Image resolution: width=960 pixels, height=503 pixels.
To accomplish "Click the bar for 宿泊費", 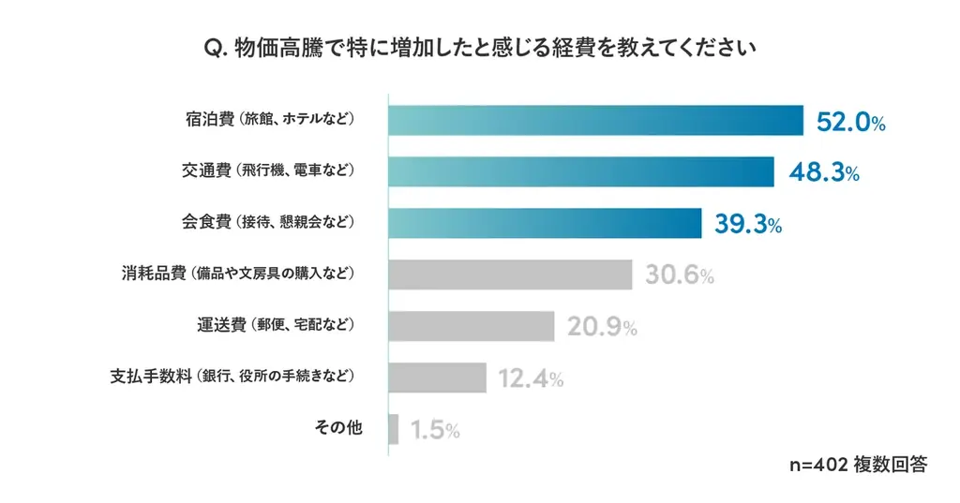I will (595, 121).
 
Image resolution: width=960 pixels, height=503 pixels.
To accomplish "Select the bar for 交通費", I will (580, 172).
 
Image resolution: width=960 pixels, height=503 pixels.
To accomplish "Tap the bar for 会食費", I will (545, 224).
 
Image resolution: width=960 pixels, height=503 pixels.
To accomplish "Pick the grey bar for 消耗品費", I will (510, 274).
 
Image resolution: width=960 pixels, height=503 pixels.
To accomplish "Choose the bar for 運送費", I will (471, 326).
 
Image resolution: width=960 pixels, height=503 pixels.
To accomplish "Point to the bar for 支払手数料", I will (437, 377).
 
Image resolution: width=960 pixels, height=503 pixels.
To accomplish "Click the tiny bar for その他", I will (393, 429).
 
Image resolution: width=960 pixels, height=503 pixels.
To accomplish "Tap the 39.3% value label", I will (748, 225).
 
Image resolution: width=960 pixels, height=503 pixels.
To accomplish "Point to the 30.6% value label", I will (680, 275).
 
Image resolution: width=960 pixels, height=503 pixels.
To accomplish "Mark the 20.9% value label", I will (602, 327).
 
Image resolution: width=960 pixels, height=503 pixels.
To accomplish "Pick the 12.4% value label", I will (531, 378).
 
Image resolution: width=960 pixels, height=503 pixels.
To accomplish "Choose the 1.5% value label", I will (434, 430).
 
